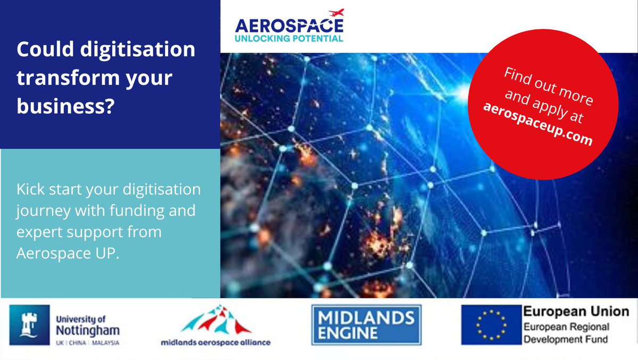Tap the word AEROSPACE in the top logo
290,26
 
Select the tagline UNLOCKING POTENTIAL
290,38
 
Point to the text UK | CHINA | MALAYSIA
87,343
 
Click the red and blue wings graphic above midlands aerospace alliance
215,321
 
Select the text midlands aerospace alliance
215,342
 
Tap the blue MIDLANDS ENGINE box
366,325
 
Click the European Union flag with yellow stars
488,325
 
